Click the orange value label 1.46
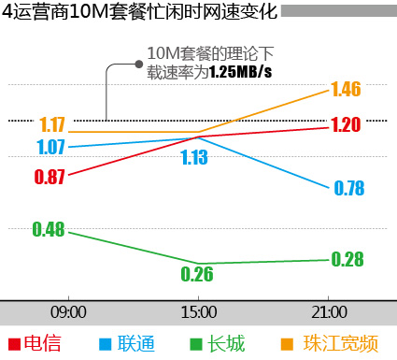[x=346, y=90]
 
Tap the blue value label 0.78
[x=348, y=189]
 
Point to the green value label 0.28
[x=347, y=259]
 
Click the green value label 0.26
[x=197, y=274]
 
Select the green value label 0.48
[x=48, y=229]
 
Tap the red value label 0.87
[x=50, y=177]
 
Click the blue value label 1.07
[x=51, y=147]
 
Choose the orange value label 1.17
[x=52, y=124]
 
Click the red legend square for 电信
[x=13, y=344]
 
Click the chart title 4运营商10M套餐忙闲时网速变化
[x=139, y=12]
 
